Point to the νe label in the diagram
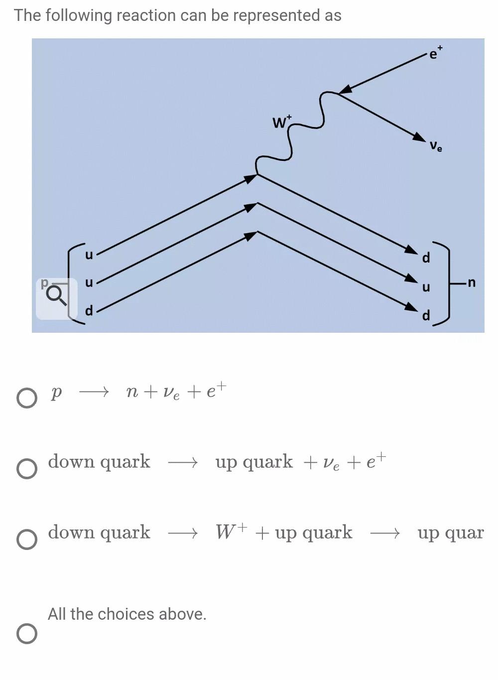436,146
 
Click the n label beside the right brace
471,283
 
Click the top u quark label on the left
89,255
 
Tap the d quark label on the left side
89,311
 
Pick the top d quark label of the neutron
426,258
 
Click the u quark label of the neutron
426,287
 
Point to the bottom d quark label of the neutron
426,316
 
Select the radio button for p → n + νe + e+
26,398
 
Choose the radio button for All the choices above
26,634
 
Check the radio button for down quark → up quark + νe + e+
26,469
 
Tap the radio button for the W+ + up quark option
26,540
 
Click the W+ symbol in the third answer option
231,532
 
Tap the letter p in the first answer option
56,393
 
